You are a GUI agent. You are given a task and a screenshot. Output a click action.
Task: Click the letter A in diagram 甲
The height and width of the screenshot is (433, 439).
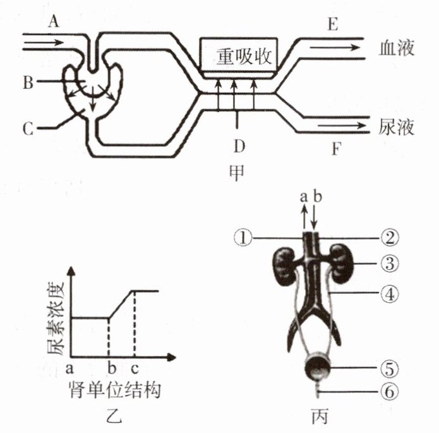(54, 21)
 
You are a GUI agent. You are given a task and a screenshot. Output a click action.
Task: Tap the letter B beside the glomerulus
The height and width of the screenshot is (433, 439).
(27, 82)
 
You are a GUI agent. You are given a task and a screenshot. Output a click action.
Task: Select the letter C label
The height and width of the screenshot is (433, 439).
(27, 129)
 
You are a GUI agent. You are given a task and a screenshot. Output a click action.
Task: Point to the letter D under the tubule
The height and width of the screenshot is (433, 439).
(238, 146)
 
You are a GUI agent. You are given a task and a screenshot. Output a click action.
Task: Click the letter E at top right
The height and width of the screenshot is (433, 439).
(333, 25)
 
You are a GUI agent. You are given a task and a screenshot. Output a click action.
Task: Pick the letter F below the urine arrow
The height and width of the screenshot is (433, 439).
(336, 150)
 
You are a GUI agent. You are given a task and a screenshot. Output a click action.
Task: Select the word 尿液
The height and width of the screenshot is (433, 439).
(397, 128)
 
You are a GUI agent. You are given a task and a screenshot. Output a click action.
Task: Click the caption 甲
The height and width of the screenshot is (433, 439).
(238, 172)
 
